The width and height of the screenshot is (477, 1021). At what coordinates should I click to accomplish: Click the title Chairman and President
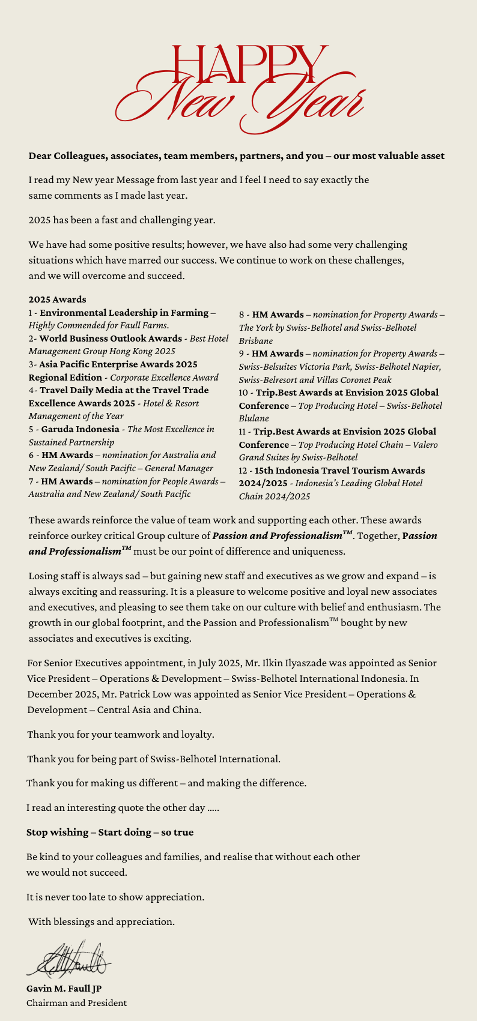(76, 1003)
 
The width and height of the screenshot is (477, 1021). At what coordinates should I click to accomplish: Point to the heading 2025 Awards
(57, 300)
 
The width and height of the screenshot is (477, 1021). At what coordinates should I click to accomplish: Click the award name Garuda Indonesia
(80, 429)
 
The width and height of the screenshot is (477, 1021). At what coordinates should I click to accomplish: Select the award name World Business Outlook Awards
(111, 339)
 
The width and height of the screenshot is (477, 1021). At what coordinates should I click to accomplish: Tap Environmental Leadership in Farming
(123, 313)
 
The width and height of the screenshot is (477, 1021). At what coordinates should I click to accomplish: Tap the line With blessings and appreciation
(102, 922)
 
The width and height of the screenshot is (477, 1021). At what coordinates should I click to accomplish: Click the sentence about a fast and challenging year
(121, 220)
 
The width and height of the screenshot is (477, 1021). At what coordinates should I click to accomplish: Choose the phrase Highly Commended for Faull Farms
(98, 325)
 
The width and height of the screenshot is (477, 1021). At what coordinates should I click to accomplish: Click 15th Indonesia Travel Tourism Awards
(339, 471)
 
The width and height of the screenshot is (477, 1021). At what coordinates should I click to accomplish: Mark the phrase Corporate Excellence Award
(164, 378)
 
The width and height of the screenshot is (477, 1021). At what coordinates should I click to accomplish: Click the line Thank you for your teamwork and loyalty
(120, 735)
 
